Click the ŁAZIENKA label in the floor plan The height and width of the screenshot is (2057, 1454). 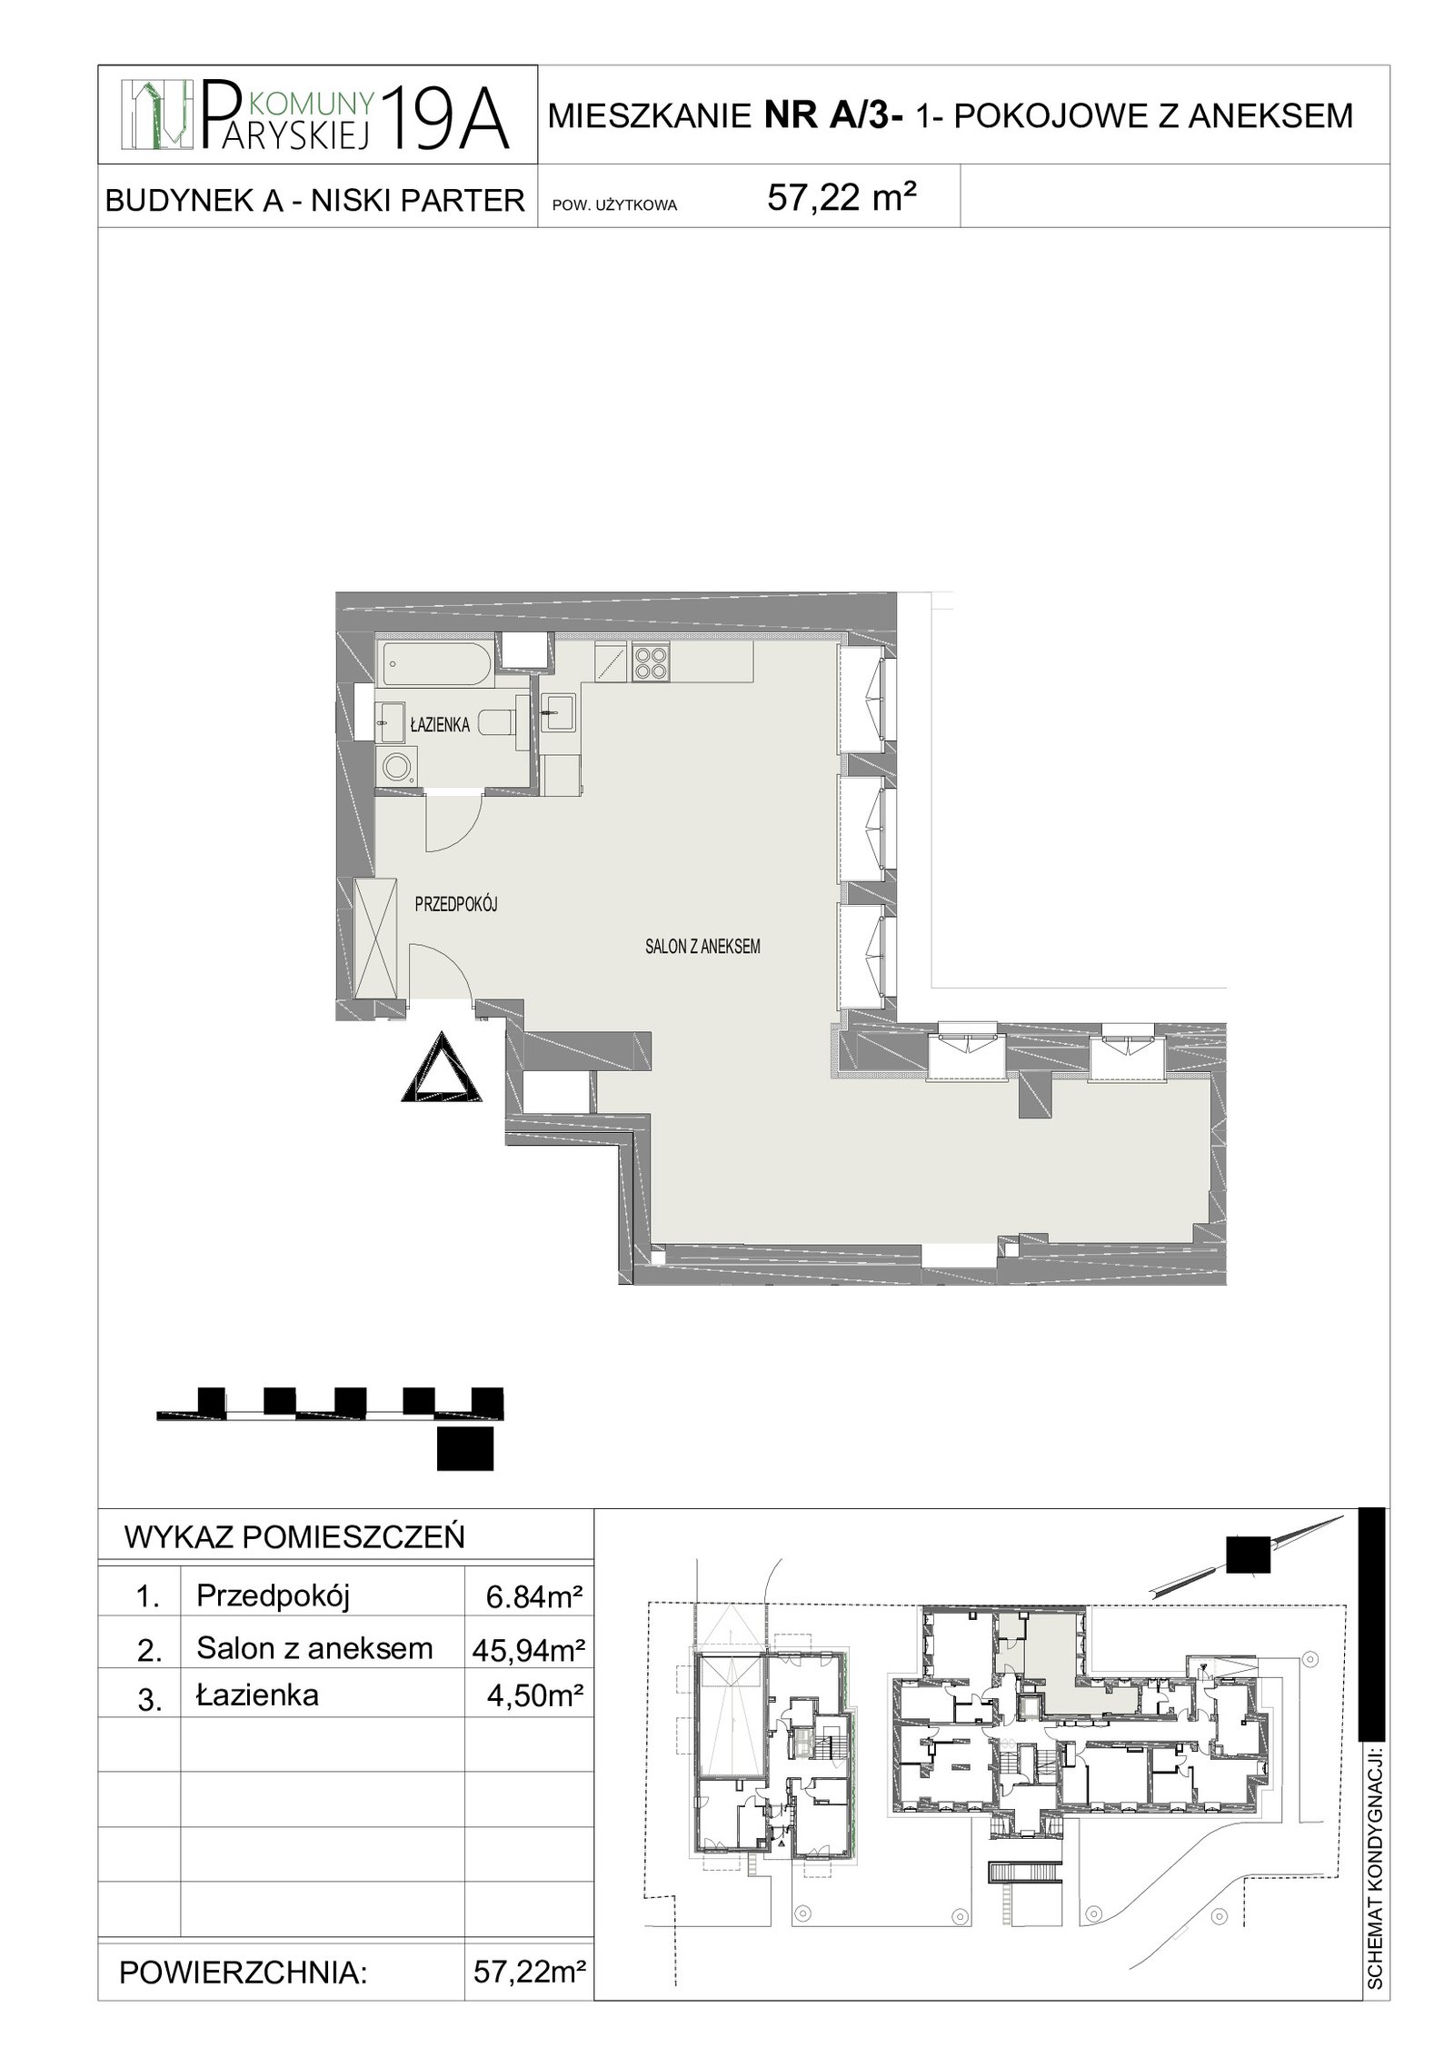439,724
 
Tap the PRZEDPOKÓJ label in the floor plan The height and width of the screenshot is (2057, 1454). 457,904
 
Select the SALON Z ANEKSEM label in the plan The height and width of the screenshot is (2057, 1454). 702,947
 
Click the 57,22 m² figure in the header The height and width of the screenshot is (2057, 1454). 841,196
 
